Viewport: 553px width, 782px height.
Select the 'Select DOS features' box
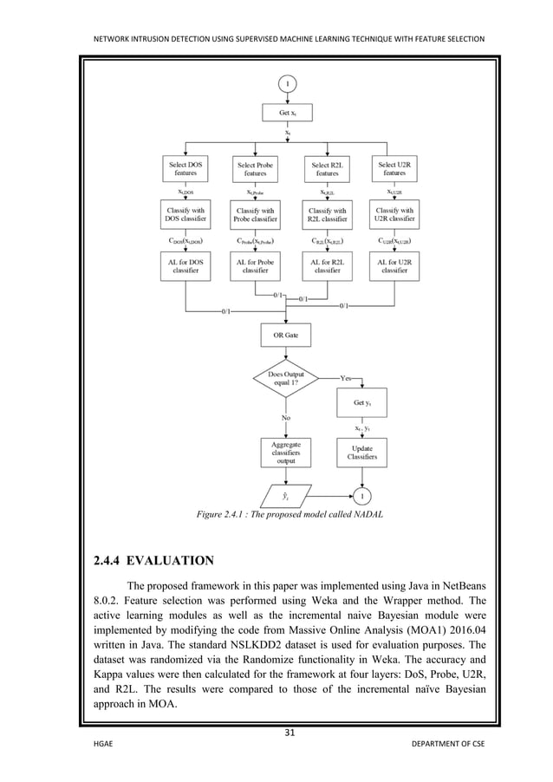click(186, 168)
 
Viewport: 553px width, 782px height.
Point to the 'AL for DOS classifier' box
click(186, 265)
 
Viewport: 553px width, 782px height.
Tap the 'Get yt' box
click(362, 403)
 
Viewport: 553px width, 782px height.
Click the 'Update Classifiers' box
click(362, 452)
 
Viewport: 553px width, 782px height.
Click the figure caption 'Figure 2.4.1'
click(290, 514)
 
